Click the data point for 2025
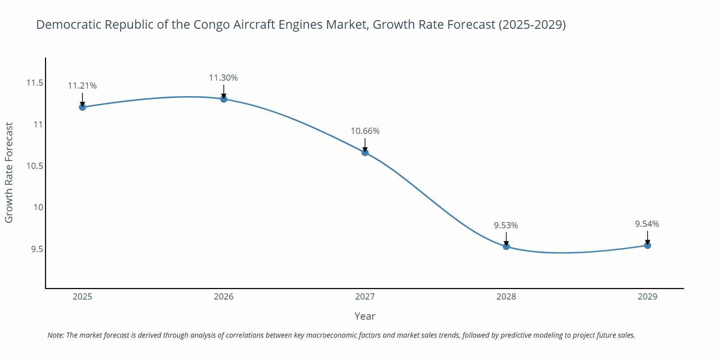click(82, 107)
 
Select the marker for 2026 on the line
click(224, 99)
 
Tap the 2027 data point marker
click(365, 152)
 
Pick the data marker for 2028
click(506, 246)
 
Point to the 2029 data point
click(647, 246)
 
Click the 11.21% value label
click(82, 86)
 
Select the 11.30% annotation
click(224, 78)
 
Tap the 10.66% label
click(365, 131)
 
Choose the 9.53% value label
click(506, 225)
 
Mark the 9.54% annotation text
click(647, 224)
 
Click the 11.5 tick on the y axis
click(35, 83)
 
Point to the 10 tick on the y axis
click(38, 207)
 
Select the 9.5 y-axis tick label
click(37, 249)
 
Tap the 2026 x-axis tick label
click(224, 297)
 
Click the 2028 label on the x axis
click(506, 297)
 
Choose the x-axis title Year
click(365, 316)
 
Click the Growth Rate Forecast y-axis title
click(9, 172)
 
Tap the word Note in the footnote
click(55, 335)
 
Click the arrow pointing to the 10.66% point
click(365, 144)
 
